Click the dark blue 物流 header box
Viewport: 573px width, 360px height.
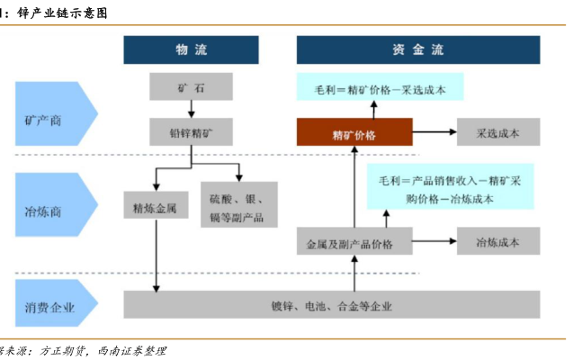click(x=191, y=49)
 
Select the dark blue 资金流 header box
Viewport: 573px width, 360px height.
click(x=418, y=49)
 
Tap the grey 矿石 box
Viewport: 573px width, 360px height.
click(x=192, y=87)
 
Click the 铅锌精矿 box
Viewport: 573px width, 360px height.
click(x=192, y=133)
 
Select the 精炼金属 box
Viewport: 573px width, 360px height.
click(x=156, y=208)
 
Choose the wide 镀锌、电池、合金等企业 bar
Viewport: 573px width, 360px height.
click(x=331, y=304)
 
